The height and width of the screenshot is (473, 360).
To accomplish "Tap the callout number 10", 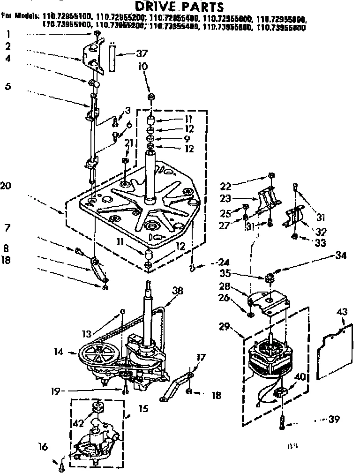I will (143, 67).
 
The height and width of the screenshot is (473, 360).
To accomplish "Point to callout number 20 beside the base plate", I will (6, 186).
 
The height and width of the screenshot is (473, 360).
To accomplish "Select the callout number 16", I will (43, 447).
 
